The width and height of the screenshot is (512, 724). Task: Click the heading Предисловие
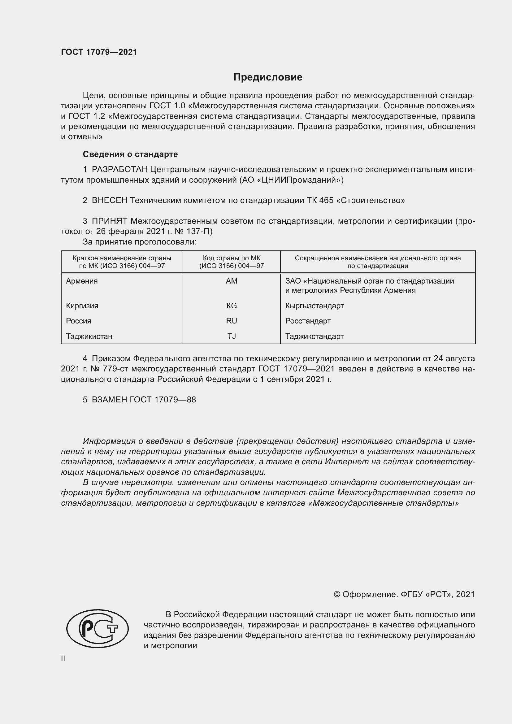point(268,77)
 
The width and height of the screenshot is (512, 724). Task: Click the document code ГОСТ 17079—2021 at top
point(99,52)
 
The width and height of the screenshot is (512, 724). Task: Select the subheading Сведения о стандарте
point(130,154)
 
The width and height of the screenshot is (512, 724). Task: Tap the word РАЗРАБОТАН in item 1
point(120,170)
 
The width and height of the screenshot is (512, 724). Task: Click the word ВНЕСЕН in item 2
point(109,200)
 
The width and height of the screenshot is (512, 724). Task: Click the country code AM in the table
point(232,281)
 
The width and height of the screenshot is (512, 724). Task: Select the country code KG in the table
point(232,306)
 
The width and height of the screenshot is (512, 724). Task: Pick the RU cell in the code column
point(232,321)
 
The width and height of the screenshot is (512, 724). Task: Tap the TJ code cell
point(232,336)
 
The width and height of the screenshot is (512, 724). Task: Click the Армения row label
point(82,281)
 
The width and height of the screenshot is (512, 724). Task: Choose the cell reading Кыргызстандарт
point(314,306)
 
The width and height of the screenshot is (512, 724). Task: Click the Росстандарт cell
point(308,321)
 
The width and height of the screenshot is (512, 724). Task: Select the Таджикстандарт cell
point(314,336)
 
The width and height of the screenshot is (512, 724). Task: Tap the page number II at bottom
point(63,659)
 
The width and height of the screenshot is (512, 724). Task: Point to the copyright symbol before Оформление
point(337,594)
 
